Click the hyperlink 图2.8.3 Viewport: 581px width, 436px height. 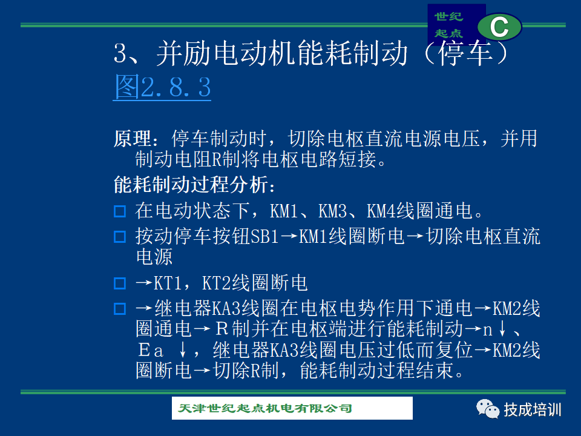(x=162, y=87)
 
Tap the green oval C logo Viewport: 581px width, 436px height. (x=499, y=27)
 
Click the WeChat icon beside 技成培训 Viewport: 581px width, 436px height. (x=488, y=409)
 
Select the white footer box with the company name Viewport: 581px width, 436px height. (x=292, y=408)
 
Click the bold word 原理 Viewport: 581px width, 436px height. (x=133, y=139)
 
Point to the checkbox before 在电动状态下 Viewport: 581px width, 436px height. (x=120, y=211)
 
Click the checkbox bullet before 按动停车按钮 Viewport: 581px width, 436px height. (x=120, y=237)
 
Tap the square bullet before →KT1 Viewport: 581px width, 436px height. (x=120, y=283)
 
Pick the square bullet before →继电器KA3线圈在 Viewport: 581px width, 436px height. (x=120, y=309)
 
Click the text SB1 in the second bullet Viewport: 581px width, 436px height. (x=264, y=237)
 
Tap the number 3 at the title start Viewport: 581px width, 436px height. (x=120, y=53)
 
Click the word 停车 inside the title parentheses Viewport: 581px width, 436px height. (x=465, y=53)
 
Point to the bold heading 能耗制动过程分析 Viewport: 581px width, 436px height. (x=191, y=185)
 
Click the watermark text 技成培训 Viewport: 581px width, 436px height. (x=532, y=410)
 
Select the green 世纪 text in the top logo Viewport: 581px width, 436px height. (x=448, y=16)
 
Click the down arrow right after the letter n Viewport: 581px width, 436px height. (x=502, y=329)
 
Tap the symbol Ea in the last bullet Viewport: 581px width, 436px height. (x=151, y=350)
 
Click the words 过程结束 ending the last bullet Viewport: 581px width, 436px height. (x=416, y=371)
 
